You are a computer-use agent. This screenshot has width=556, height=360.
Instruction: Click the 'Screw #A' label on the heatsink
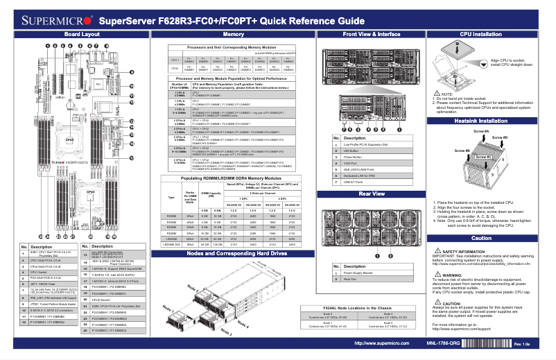point(481,131)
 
